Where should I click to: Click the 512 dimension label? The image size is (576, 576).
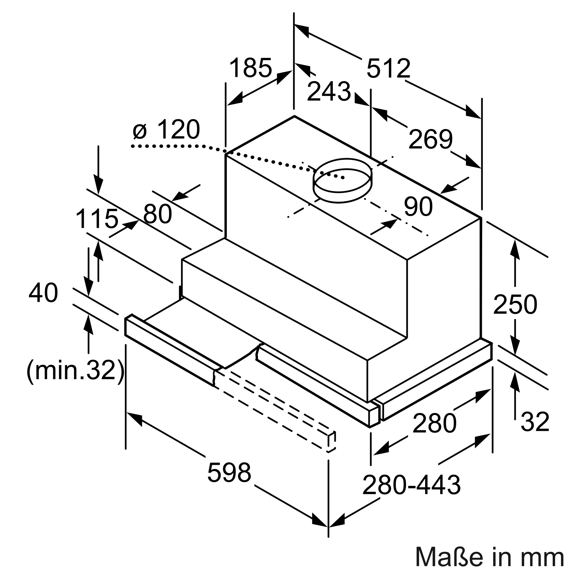(x=388, y=69)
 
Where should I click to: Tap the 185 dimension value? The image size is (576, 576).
(x=251, y=68)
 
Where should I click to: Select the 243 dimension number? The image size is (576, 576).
(x=329, y=92)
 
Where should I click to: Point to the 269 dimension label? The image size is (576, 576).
(x=430, y=139)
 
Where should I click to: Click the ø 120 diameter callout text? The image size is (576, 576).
(x=166, y=130)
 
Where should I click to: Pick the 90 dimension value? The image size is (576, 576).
(x=418, y=206)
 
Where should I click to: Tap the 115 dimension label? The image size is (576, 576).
(x=97, y=219)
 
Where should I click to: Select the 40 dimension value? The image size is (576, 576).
(x=43, y=293)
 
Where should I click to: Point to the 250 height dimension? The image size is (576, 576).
(x=515, y=305)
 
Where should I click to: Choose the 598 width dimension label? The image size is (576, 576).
(x=229, y=473)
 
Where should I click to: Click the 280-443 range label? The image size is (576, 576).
(x=412, y=485)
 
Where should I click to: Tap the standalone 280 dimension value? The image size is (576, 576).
(x=434, y=423)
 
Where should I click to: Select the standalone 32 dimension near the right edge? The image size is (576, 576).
(x=535, y=422)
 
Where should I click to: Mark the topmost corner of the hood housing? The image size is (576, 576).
(x=294, y=116)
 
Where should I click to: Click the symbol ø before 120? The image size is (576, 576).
(x=140, y=131)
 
